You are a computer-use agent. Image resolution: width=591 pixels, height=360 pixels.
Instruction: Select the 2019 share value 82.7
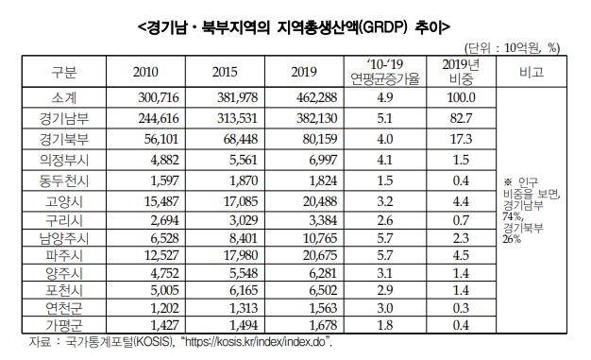tap(460, 117)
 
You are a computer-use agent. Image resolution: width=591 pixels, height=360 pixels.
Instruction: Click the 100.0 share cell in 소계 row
tap(460, 96)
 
